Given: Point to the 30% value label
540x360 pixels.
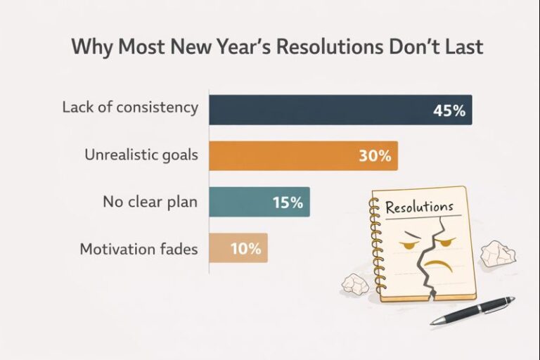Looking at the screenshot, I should click(374, 156).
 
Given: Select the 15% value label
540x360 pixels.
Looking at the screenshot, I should click(288, 203).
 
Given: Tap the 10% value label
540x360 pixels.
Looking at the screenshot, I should click(245, 249).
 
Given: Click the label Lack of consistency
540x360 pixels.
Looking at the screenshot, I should click(129, 108).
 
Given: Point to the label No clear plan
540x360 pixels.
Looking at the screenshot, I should click(149, 202).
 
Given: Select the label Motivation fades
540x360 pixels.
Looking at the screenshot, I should click(139, 249).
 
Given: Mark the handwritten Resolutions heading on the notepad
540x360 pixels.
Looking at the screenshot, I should click(419, 207).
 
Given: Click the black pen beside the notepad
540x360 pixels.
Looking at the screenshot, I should click(472, 310).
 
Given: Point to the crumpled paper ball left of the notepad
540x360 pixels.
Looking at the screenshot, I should click(354, 283).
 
